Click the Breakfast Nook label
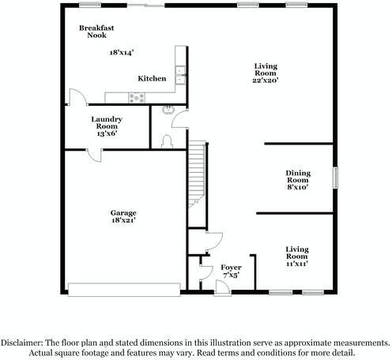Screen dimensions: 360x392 tap(96, 32)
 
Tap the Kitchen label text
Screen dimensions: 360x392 tap(152, 79)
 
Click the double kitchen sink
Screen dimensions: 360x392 tap(179, 76)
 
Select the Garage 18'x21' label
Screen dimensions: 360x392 tap(123, 217)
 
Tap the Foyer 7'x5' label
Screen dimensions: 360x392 tap(231, 271)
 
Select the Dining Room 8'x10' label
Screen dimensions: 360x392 tap(297, 180)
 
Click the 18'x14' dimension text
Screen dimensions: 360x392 tap(121, 52)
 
